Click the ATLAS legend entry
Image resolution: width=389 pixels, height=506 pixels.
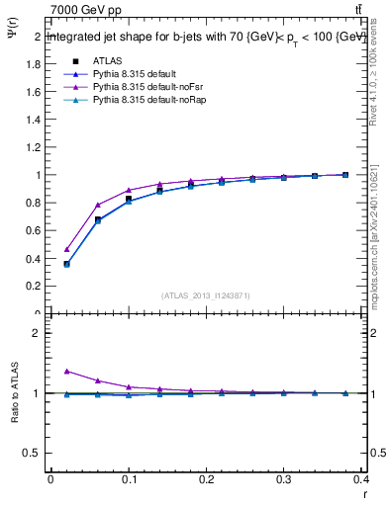106,60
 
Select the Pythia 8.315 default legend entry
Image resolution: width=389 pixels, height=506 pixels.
138,74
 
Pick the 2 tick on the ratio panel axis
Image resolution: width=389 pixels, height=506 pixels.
37,333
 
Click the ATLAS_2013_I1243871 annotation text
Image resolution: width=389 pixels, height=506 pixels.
205,295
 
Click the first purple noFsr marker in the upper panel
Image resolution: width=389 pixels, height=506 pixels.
66,249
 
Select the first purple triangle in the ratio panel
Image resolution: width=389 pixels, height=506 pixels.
66,372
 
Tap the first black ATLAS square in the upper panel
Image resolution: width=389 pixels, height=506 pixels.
66,264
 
